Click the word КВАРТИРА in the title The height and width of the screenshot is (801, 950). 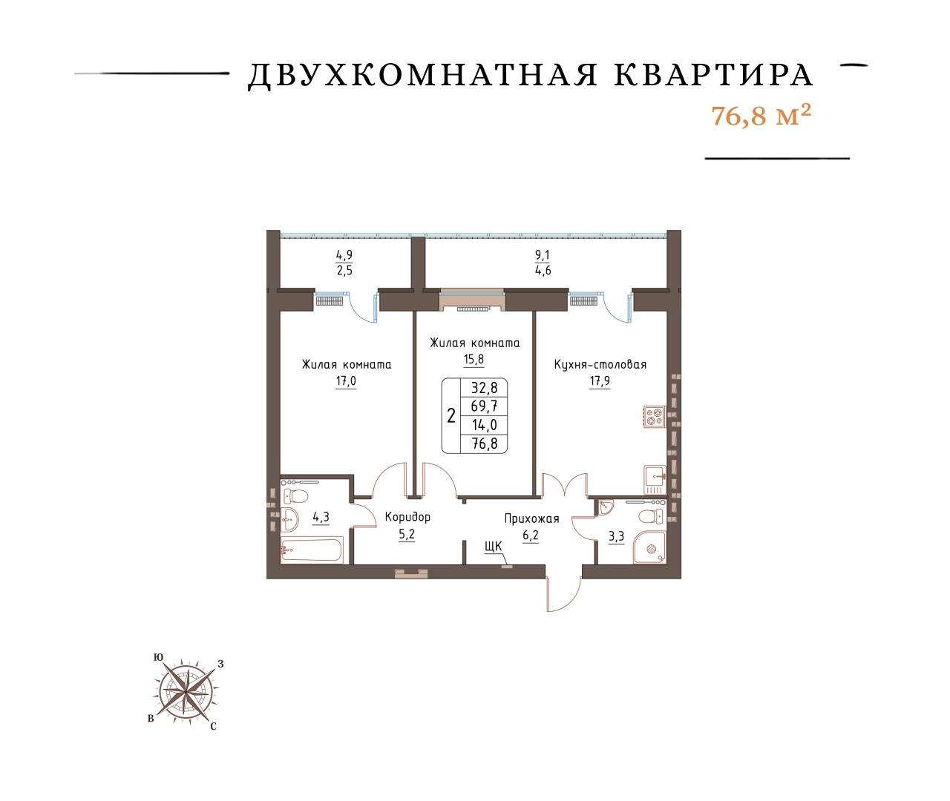pos(713,75)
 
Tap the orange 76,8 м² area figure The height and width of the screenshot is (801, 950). pos(761,116)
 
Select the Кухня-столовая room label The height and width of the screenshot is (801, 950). pos(600,365)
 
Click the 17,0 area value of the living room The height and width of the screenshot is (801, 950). pos(346,381)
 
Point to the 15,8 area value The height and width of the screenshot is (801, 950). pos(474,360)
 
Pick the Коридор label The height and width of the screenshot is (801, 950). pos(407,517)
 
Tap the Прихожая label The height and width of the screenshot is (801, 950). pos(531,518)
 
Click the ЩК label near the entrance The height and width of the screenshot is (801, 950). pos(494,547)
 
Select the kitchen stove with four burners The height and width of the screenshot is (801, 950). pos(655,418)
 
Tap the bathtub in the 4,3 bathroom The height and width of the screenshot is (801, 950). pos(311,550)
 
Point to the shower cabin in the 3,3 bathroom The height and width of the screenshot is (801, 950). pos(649,547)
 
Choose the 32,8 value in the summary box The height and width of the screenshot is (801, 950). pos(484,388)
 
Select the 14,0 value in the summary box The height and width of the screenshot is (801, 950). pos(484,425)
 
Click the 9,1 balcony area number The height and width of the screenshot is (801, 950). pos(543,255)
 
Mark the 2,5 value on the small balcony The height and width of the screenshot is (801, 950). pos(344,271)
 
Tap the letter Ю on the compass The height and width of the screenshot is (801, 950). pos(158,657)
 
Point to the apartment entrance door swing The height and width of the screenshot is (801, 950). pos(564,594)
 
